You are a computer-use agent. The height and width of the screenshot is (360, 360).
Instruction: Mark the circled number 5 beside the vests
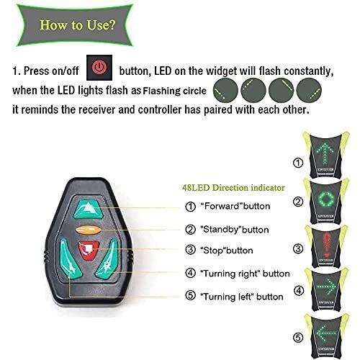(x=297, y=338)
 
